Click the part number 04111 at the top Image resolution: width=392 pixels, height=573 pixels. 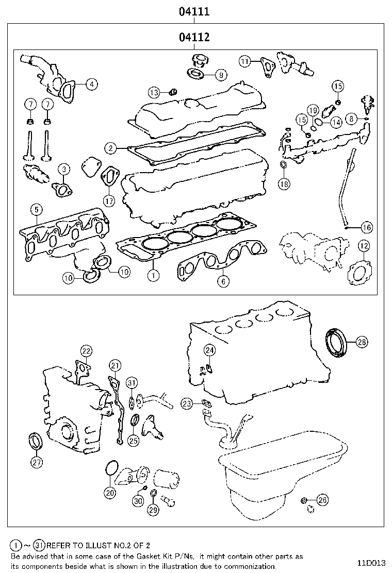[x=194, y=11]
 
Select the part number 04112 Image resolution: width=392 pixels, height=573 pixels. [x=194, y=37]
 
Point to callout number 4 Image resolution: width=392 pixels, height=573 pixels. [x=91, y=83]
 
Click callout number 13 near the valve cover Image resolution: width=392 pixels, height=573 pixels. [x=154, y=93]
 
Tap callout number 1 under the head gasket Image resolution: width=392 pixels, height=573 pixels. [x=153, y=276]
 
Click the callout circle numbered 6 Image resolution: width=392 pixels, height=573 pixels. [x=223, y=281]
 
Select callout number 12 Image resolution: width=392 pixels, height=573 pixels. [x=363, y=245]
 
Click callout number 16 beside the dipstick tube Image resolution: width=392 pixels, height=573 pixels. [x=366, y=227]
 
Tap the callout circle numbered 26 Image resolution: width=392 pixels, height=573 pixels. [x=322, y=499]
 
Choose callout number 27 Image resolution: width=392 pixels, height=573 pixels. [x=36, y=462]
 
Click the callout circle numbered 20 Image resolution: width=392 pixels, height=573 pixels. [x=109, y=492]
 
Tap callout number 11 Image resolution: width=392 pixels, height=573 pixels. [x=245, y=61]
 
